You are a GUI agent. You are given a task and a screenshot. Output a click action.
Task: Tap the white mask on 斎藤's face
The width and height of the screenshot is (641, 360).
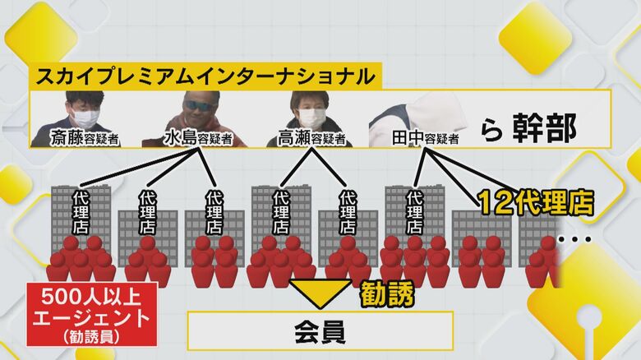coord(85,117)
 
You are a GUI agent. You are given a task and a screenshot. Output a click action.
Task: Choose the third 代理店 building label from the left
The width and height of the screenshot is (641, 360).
coord(214,212)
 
